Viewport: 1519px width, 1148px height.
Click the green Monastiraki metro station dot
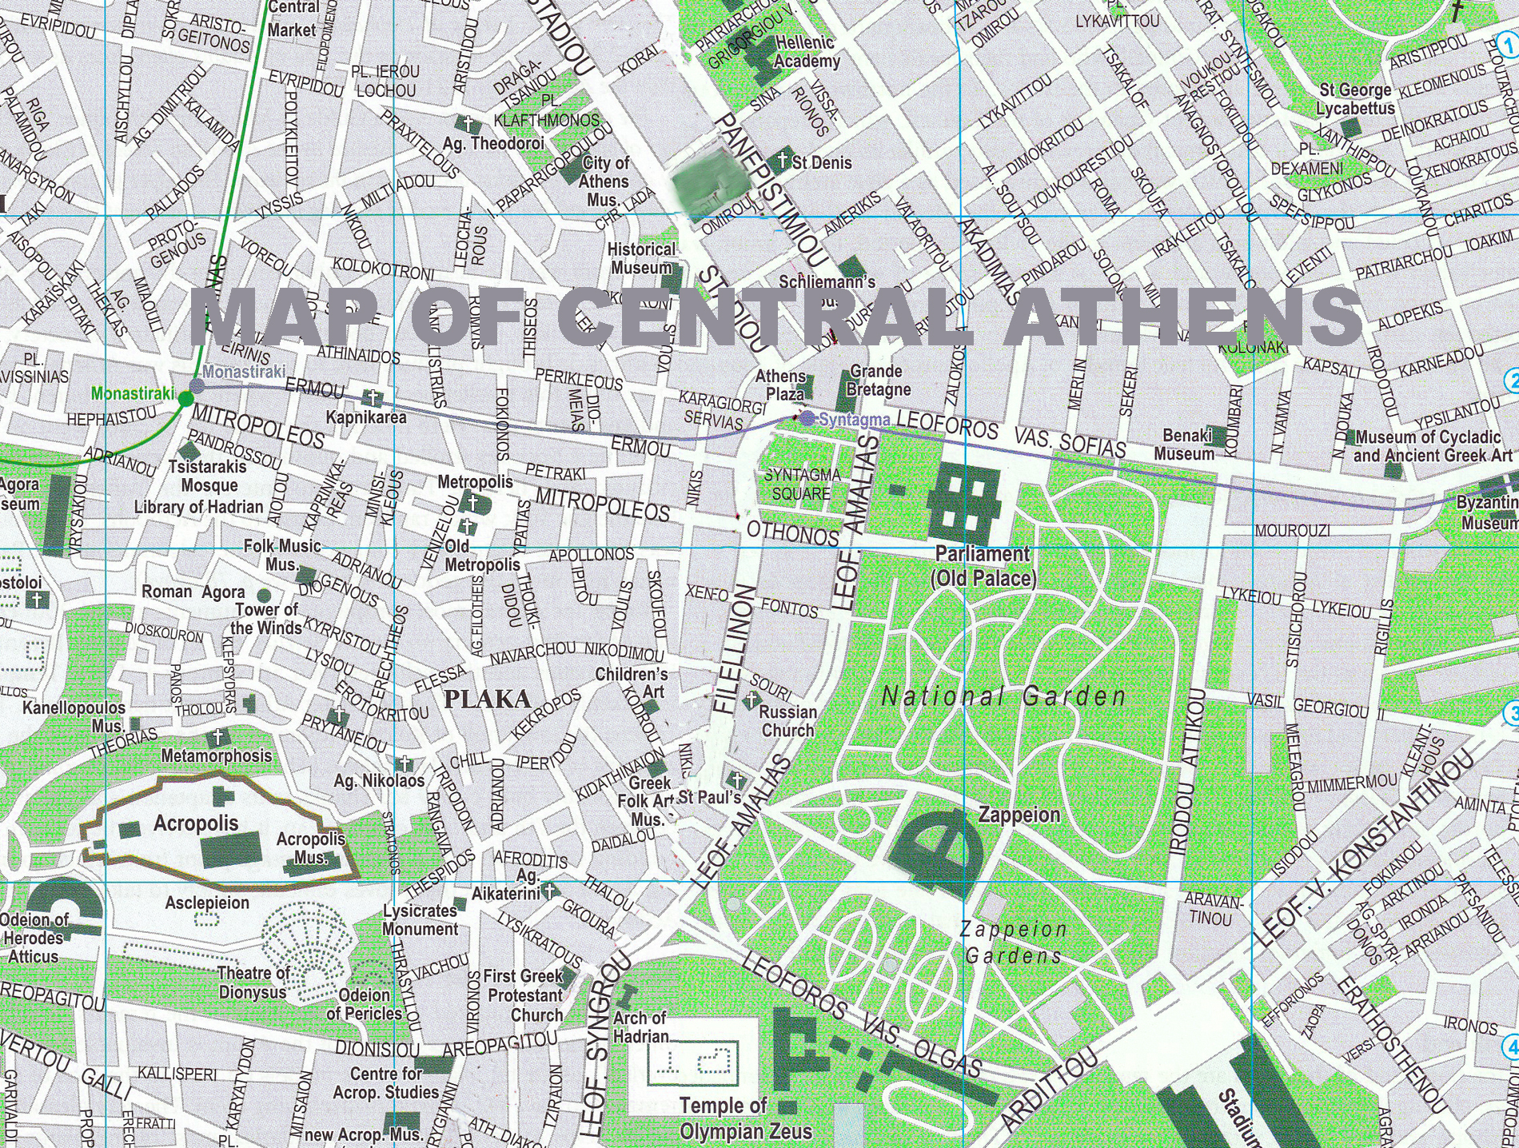[x=186, y=398]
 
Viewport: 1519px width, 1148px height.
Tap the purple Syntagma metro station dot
[x=807, y=418]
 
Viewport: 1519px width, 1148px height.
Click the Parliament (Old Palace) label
[x=983, y=566]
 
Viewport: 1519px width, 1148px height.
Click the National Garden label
[x=1003, y=697]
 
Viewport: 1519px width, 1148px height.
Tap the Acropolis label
[x=196, y=823]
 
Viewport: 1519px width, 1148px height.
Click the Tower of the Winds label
[x=265, y=619]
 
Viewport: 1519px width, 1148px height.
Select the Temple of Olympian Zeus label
[x=745, y=1118]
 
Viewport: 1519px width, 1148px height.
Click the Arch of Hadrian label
[x=640, y=1027]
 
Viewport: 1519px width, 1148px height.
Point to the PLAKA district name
[x=487, y=700]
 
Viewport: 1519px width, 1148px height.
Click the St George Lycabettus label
[x=1355, y=99]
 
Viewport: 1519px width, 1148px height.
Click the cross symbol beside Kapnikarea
[x=370, y=397]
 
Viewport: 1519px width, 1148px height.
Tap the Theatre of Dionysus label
[x=253, y=983]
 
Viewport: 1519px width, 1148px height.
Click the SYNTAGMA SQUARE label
[x=802, y=484]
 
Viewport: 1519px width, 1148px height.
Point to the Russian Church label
[x=787, y=721]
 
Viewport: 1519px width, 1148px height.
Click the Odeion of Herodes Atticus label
[x=34, y=938]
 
